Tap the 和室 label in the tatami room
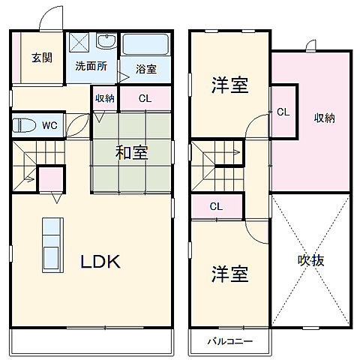pos(131,152)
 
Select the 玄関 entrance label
pos(41,58)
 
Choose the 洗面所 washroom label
pos(91,65)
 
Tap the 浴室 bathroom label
pos(146,69)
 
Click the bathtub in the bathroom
pos(145,46)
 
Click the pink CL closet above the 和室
pos(145,98)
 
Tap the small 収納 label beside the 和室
pos(105,98)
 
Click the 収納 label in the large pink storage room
pos(324,117)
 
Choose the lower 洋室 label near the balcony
pos(229,274)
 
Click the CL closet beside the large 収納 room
pos(283,112)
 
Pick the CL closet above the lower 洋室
pos(216,206)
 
